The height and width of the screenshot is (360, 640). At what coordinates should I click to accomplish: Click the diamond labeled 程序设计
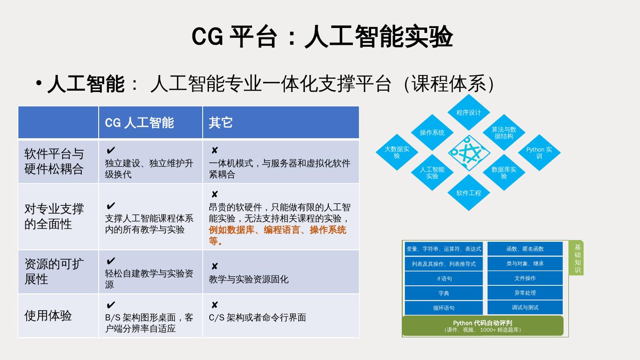coord(468,112)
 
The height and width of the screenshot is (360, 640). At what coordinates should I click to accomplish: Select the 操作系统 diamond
coord(432,132)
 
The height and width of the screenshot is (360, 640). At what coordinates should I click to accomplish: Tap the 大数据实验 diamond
coord(396,152)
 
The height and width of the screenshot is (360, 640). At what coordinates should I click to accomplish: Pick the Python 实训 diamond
coord(539,152)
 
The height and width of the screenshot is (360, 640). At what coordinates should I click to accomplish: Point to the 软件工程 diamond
coord(468,193)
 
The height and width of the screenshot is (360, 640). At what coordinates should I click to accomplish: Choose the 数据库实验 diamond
coord(504,172)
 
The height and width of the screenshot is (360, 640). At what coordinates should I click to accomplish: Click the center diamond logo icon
coord(468,152)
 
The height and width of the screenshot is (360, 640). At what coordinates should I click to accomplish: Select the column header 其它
coord(221,123)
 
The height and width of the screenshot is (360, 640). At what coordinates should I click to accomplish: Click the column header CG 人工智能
coord(139,123)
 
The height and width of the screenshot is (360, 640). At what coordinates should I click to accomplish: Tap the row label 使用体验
coord(48,316)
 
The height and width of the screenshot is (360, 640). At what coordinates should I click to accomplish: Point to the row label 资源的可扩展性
coord(53,272)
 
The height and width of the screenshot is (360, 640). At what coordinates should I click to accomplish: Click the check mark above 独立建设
coord(111,150)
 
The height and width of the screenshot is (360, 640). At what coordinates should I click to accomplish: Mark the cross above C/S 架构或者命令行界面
coord(215,305)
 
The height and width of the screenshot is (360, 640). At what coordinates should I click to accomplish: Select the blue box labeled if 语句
coord(444,279)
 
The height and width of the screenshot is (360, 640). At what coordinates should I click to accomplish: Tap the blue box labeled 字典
coord(444,293)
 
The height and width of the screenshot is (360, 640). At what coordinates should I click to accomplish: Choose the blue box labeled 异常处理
coord(525,293)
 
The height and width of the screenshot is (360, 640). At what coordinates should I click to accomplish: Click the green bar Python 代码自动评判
coord(483,326)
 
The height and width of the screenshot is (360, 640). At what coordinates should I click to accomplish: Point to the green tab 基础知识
coord(577,258)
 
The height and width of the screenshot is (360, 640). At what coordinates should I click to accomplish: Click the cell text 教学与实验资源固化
coord(248,279)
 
